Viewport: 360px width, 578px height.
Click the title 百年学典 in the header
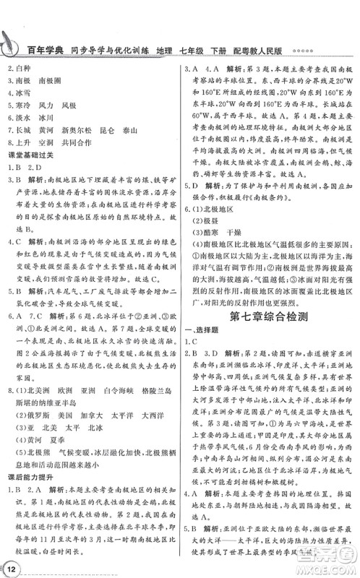(x=41, y=51)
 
